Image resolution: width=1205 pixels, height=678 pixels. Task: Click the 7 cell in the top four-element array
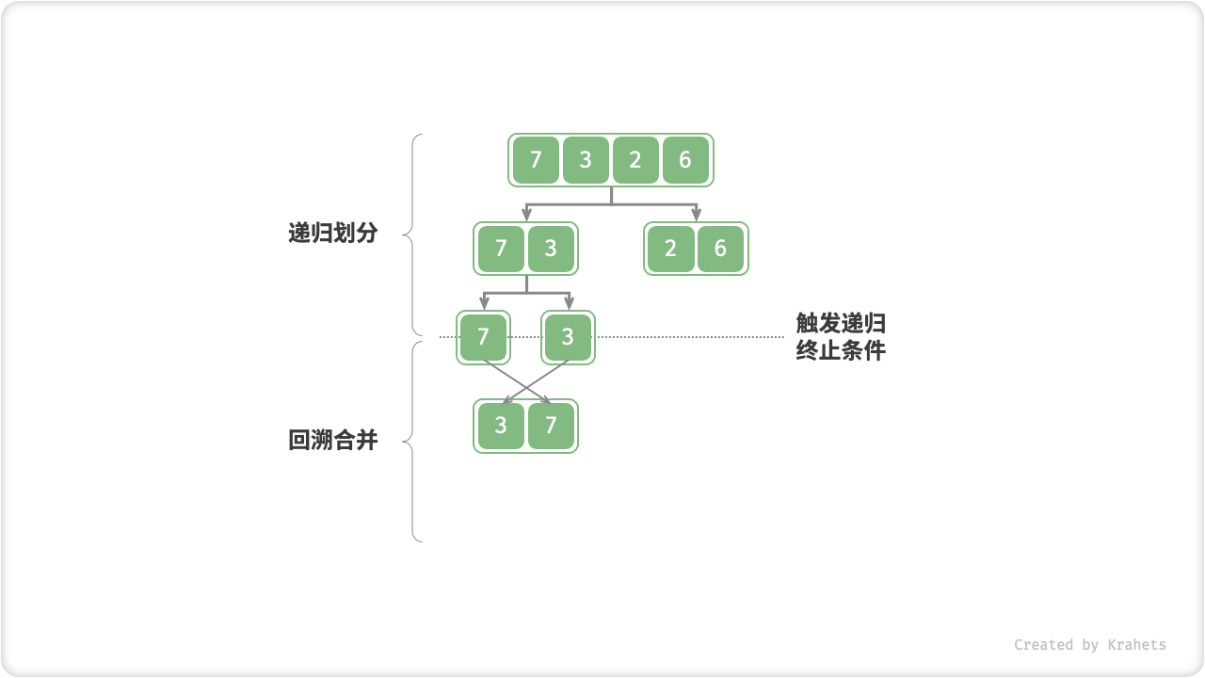[x=536, y=160]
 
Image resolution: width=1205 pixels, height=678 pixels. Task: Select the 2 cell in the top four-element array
[x=635, y=160]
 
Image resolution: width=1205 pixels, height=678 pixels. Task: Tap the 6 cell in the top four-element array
[x=685, y=160]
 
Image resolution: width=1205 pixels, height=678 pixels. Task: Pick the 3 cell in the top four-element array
[x=586, y=160]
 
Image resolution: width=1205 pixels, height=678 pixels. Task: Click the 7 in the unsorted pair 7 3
[x=501, y=249]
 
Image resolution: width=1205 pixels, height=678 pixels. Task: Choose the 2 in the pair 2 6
[x=670, y=249]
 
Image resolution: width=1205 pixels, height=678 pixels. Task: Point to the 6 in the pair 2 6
[x=720, y=249]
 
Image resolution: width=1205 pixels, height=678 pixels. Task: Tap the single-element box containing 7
[x=484, y=337]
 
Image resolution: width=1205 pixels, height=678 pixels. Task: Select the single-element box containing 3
[x=568, y=337]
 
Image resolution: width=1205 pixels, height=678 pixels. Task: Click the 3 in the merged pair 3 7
[x=501, y=426]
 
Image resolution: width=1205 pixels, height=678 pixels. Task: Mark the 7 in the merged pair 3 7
[x=551, y=426]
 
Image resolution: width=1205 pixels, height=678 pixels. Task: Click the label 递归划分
[x=332, y=234]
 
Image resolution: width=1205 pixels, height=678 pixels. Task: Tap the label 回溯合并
[x=332, y=440]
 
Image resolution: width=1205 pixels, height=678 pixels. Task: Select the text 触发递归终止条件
[x=841, y=337]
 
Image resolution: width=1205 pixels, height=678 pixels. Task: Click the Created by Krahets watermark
[x=1089, y=645]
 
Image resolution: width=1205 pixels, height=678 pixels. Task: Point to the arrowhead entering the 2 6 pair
[x=697, y=216]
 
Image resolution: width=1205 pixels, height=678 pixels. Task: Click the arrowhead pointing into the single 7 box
[x=484, y=303]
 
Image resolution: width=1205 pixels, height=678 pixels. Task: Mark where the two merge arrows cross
[x=526, y=382]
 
